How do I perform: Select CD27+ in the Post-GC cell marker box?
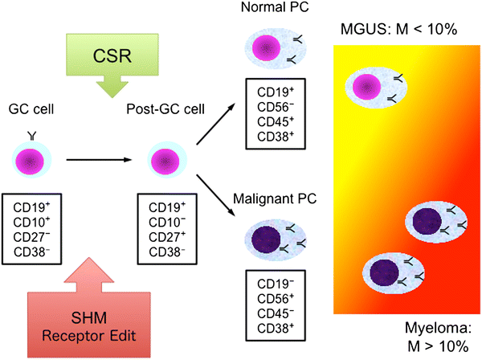click(x=166, y=236)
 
